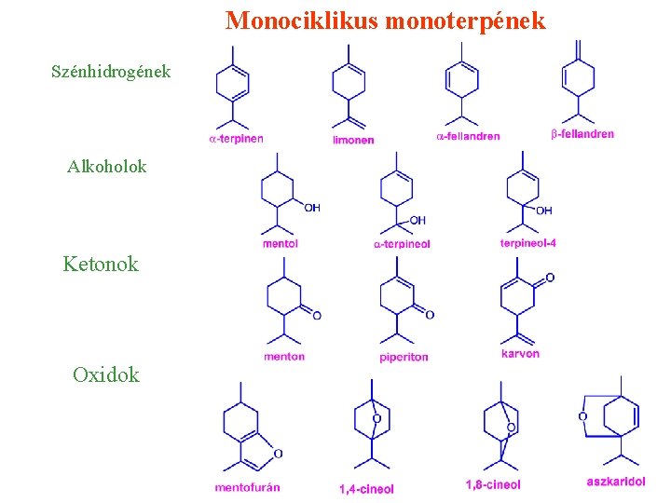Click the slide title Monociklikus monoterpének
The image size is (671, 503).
point(385,20)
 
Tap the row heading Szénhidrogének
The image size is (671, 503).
point(111,71)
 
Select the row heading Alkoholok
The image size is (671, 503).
point(106,167)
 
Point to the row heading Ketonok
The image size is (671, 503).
point(101,264)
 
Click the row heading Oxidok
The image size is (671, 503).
point(106,374)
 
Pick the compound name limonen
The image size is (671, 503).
point(353,140)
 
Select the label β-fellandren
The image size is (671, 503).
point(582,134)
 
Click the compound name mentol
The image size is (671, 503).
point(281,244)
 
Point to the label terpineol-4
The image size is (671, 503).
point(527,243)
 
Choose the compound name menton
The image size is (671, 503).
point(283,356)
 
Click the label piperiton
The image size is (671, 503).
point(404,357)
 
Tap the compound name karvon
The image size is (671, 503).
point(520,354)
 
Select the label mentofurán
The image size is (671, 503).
point(247,487)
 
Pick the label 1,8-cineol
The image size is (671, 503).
point(493,484)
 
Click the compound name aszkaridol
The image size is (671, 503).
point(616,482)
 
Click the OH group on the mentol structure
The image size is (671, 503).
point(311,208)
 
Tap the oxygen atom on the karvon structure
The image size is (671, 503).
point(550,278)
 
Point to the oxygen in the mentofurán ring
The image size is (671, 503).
point(278,454)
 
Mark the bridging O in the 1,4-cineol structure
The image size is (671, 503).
point(377,419)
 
